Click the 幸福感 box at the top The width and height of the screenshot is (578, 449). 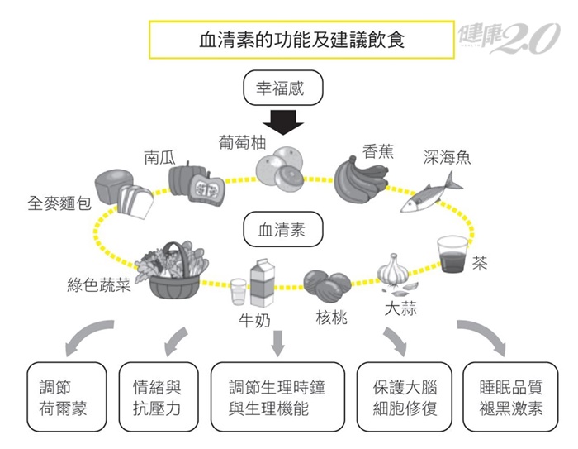pos(282,88)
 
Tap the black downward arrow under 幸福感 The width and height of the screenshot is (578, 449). pos(282,122)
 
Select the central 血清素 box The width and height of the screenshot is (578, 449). pos(282,229)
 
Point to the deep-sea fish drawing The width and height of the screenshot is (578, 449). pos(431,193)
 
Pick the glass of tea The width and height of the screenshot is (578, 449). pos(452,255)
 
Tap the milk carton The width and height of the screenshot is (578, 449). pos(263,284)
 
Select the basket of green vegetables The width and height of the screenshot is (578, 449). pos(173,270)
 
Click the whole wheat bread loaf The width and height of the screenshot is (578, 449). pos(124,193)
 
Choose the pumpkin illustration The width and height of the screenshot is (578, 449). pos(196,183)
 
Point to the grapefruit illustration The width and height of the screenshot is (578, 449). pos(280,170)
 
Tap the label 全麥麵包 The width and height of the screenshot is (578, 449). pos(59,203)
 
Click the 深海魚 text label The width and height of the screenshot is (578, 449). pos(447,157)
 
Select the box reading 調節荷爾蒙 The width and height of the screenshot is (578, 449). pos(67,397)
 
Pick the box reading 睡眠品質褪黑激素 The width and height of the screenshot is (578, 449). pos(510,397)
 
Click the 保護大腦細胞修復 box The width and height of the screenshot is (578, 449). pos(405,397)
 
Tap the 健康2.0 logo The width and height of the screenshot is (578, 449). pos(509,38)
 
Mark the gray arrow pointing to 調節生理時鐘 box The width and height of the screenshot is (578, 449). pos(278,343)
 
